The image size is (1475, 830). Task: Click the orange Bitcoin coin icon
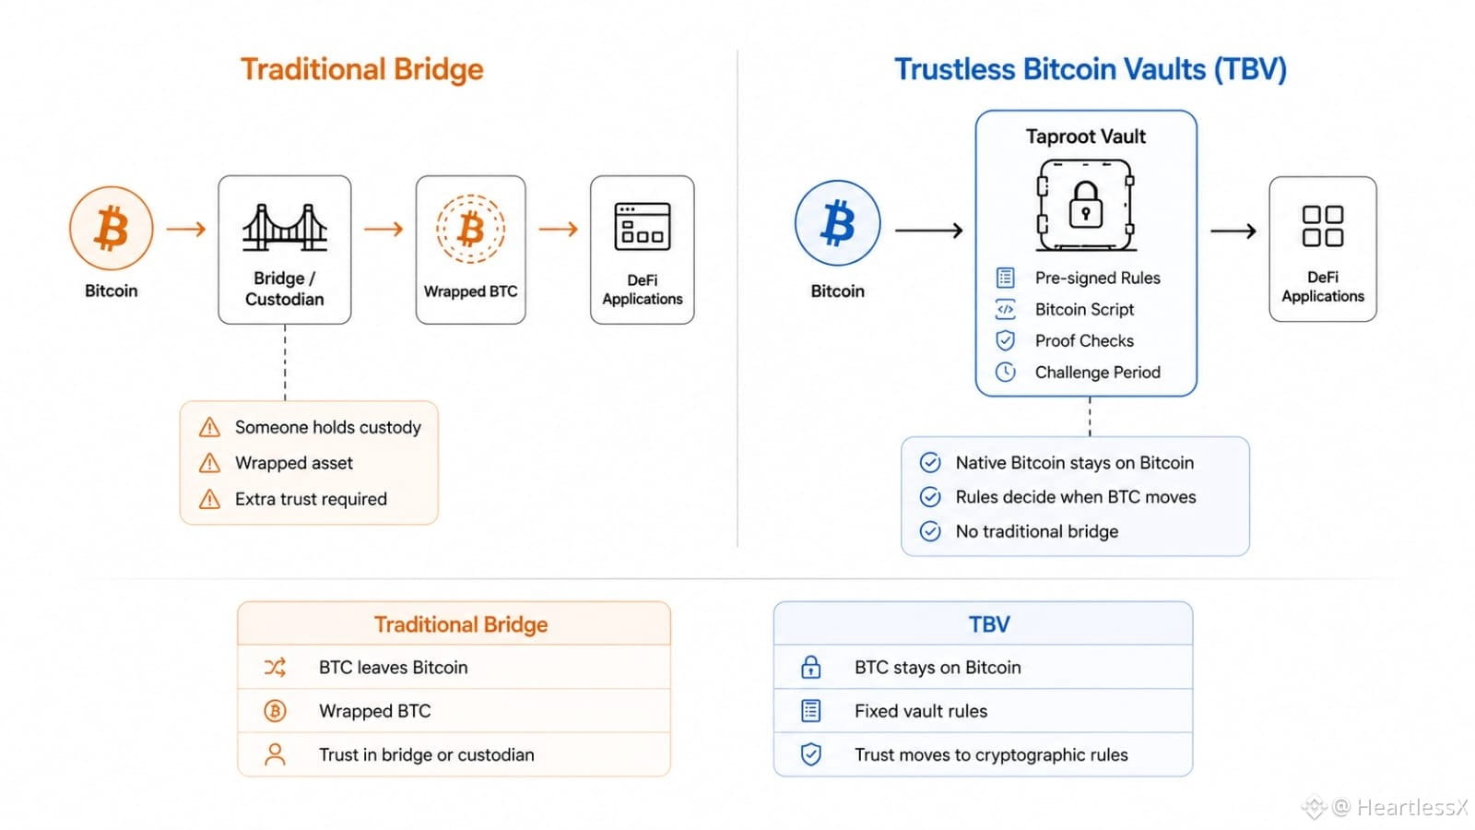coord(112,228)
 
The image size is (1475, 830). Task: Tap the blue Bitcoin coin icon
coord(837,222)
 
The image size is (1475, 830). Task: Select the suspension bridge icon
coord(285,227)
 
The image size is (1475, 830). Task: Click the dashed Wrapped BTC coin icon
coord(470,229)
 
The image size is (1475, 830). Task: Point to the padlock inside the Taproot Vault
coord(1085,205)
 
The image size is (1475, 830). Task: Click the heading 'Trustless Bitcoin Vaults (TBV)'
coord(1090,69)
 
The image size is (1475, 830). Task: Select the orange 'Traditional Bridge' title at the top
coord(362,69)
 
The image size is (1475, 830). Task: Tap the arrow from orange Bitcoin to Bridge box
coord(186,229)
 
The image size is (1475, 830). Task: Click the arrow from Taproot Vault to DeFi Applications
coord(1233,231)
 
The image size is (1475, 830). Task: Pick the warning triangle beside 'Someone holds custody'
coord(209,427)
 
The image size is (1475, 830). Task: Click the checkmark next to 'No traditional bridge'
coord(930,531)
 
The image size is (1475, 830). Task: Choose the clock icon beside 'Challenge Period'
coord(1005,373)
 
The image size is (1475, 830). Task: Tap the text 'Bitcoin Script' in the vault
coord(1084,309)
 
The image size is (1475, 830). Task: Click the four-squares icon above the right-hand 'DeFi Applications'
coord(1323,226)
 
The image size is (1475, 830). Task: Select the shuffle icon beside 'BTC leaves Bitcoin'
coord(275,668)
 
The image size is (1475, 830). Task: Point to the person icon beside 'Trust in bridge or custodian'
coord(275,754)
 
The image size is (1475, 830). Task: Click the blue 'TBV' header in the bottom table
coord(989,623)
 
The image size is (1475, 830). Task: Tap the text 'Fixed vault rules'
coord(921,711)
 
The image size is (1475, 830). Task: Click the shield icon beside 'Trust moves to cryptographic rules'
coord(810,754)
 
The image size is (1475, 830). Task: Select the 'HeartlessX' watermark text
coord(1411,807)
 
